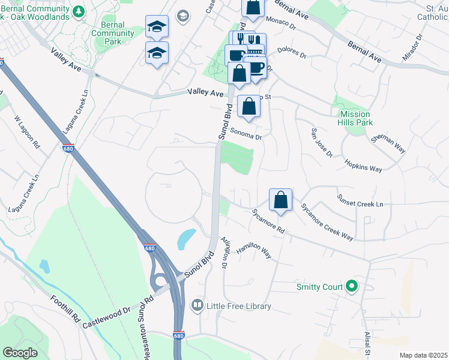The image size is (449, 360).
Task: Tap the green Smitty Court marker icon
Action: click(x=352, y=287)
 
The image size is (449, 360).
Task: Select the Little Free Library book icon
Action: click(x=196, y=306)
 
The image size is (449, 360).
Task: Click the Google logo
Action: click(x=20, y=353)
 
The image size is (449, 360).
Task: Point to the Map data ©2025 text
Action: click(x=423, y=355)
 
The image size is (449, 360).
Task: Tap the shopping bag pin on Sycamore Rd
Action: click(x=280, y=200)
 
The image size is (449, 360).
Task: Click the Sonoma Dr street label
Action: click(x=247, y=137)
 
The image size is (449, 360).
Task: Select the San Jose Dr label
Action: click(x=321, y=143)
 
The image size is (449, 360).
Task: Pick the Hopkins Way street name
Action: click(x=363, y=166)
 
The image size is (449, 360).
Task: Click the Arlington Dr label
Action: click(x=226, y=252)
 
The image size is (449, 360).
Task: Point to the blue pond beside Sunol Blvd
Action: click(x=186, y=239)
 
